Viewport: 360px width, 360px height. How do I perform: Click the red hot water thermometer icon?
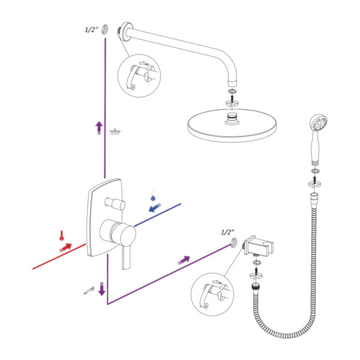62,236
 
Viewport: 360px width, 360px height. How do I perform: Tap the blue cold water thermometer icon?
153,196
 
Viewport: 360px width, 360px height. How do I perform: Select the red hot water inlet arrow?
65,247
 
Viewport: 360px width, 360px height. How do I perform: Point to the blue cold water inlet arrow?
155,208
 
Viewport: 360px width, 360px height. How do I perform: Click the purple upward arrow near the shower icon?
99,128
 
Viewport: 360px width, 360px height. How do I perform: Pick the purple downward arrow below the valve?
102,289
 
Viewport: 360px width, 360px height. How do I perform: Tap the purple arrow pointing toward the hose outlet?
184,260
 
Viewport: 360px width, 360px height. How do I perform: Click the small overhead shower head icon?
115,132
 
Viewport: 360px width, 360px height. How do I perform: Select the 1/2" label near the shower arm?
91,29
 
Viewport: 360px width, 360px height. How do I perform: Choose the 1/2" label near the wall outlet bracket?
227,232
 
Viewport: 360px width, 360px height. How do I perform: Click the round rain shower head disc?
232,125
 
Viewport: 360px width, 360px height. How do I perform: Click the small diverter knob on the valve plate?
115,203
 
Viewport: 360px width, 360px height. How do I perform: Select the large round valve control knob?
118,233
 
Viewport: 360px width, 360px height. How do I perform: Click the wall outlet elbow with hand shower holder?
258,247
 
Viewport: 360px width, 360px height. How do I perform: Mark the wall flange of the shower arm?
127,31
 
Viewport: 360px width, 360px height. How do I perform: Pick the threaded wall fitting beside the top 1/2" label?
106,29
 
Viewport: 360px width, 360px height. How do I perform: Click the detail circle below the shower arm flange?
139,76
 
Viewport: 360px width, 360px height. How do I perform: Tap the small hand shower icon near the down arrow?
89,290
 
